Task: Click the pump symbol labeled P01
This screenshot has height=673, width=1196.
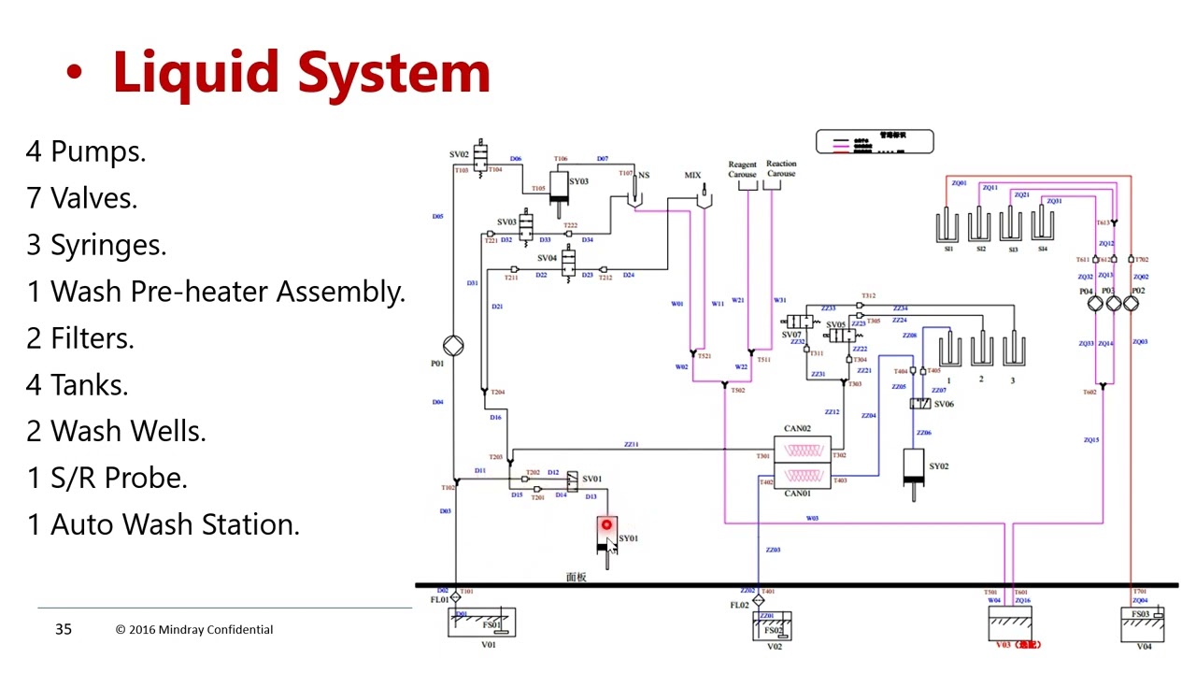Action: pos(453,345)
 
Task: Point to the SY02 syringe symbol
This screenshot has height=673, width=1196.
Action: pos(913,467)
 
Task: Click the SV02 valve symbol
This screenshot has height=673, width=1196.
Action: pos(481,156)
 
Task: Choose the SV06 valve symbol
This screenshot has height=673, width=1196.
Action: pos(919,404)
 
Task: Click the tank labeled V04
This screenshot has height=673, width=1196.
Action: pos(1142,623)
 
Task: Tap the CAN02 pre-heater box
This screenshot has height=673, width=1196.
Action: pos(810,450)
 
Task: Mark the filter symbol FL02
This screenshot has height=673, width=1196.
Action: pos(758,599)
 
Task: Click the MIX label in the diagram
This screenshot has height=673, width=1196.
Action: pos(692,176)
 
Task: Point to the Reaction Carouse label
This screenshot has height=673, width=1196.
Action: pos(781,168)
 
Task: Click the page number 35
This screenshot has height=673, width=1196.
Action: pos(63,629)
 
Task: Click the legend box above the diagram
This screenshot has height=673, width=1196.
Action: pos(875,141)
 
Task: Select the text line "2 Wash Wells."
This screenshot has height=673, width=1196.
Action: pos(116,431)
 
